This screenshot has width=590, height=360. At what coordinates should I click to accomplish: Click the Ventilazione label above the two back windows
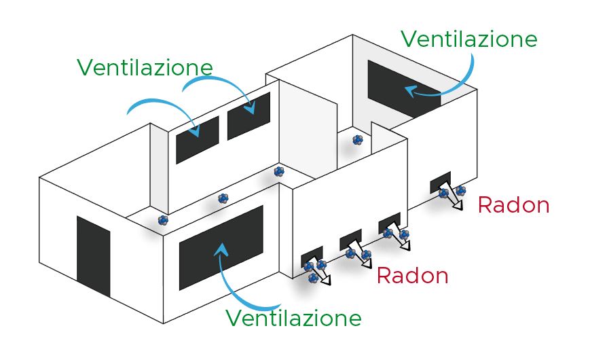145,67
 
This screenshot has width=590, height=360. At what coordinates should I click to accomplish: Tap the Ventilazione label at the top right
468,38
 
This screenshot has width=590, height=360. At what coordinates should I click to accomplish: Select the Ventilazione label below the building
293,318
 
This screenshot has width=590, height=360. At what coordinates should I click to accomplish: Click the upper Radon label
513,205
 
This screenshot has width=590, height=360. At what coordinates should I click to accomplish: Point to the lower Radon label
412,276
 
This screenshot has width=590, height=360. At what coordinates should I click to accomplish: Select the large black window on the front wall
221,248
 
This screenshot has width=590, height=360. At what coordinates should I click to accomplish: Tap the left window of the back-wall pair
198,140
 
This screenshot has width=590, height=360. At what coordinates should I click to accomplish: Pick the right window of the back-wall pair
248,115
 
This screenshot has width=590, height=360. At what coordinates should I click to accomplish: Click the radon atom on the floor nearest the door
163,220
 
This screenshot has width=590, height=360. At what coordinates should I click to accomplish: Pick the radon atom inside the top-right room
358,141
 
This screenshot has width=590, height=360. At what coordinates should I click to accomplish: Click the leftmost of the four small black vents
312,257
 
